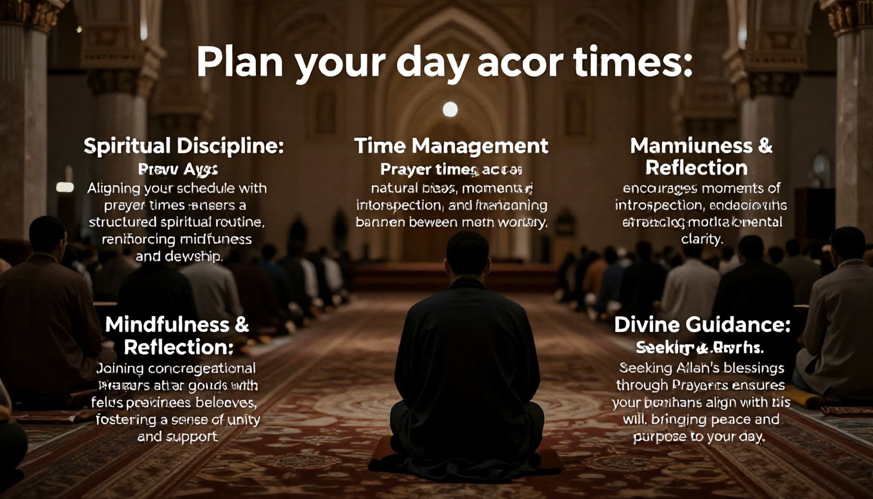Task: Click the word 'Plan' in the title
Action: pyautogui.click(x=239, y=62)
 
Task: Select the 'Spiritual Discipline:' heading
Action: pyautogui.click(x=183, y=146)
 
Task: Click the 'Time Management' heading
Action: pyautogui.click(x=451, y=146)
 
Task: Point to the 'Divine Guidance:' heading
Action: pyautogui.click(x=702, y=325)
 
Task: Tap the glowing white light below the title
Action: pyautogui.click(x=450, y=109)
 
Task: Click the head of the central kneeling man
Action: pyautogui.click(x=468, y=253)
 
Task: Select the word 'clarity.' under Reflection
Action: pyautogui.click(x=702, y=239)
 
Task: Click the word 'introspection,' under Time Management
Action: pyautogui.click(x=400, y=205)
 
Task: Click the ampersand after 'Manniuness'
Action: pyautogui.click(x=765, y=146)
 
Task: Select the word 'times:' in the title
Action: pyautogui.click(x=633, y=63)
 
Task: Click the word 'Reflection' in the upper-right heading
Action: pyautogui.click(x=696, y=168)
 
